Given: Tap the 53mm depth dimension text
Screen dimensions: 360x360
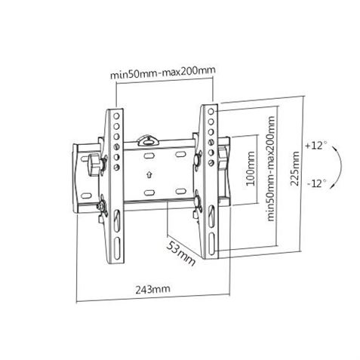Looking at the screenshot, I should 181,255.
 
